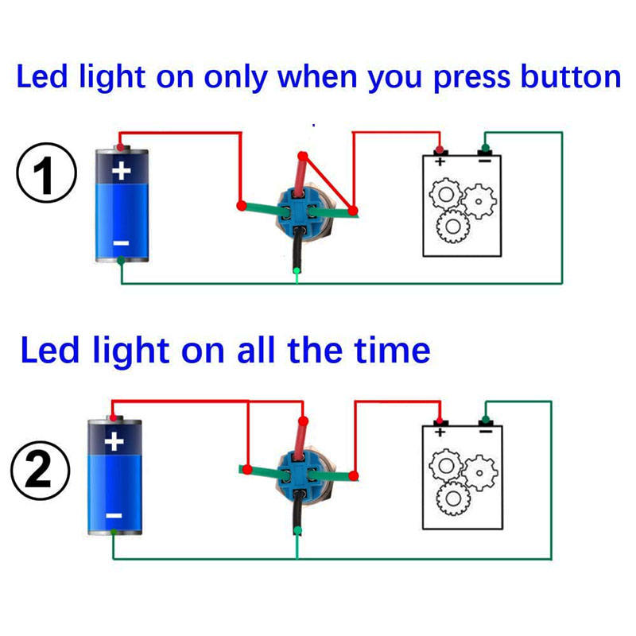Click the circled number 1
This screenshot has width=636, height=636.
45,176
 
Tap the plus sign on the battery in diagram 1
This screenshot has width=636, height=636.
121,171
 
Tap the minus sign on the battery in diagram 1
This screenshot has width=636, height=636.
120,242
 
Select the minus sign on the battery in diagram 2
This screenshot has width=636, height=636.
114,515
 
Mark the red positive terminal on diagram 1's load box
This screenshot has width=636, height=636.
439,150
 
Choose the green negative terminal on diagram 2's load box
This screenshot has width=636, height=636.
485,419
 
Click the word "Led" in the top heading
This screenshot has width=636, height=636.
40,78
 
